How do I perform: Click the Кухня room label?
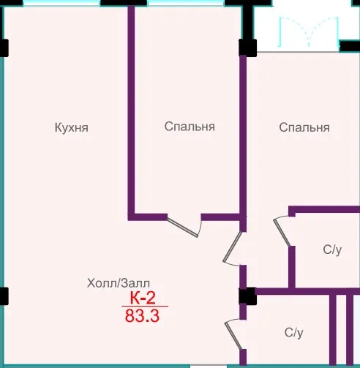click(x=72, y=127)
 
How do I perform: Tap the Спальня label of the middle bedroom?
click(x=190, y=127)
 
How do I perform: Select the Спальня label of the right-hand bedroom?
click(x=304, y=127)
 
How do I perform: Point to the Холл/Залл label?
click(x=119, y=283)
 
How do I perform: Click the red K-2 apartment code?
click(x=143, y=298)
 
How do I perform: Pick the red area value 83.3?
click(x=142, y=315)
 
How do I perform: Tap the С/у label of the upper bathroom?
click(x=332, y=250)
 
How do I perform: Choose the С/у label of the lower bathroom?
click(x=293, y=333)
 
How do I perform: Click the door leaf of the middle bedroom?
click(x=182, y=228)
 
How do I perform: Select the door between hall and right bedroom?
click(x=232, y=247)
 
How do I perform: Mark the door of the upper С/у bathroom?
click(x=282, y=233)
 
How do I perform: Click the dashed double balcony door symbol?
click(x=309, y=31)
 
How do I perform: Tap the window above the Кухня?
click(x=61, y=3)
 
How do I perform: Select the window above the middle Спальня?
click(x=186, y=3)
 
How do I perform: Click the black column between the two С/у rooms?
click(x=247, y=296)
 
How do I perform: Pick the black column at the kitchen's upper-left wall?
click(x=4, y=48)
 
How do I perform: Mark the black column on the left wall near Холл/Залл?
click(x=4, y=296)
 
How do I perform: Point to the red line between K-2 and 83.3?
click(x=145, y=306)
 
